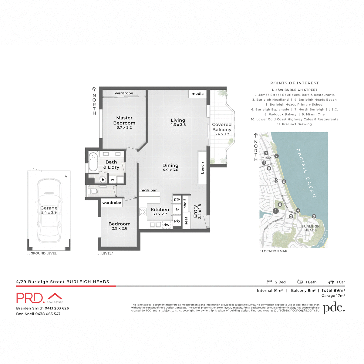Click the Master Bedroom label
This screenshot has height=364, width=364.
124,120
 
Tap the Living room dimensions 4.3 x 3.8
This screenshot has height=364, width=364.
178,125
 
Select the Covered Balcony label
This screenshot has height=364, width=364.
222,127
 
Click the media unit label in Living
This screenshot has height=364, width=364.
197,94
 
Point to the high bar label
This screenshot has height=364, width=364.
149,190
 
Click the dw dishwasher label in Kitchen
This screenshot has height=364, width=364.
167,225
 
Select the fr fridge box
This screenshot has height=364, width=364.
177,210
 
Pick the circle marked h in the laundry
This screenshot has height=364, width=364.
103,180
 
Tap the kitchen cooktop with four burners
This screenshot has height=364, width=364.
143,212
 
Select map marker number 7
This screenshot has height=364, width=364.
276,156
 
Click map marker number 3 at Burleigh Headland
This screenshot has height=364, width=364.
314,216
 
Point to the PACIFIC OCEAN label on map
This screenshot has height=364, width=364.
306,173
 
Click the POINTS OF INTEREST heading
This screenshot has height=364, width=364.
295,83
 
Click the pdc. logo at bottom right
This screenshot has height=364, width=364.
334,308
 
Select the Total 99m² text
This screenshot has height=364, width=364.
333,290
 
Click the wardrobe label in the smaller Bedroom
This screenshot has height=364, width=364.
112,203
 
